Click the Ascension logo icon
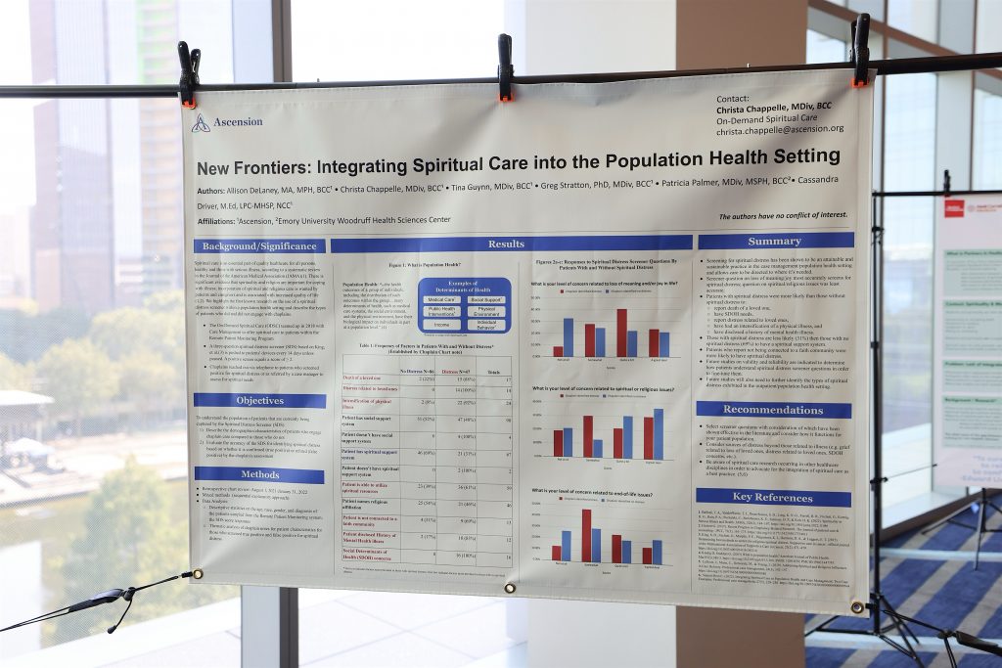point(201,122)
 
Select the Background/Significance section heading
point(258,246)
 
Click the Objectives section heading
point(259,400)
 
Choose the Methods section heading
point(259,474)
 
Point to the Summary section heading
point(775,241)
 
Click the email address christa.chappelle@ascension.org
point(779,129)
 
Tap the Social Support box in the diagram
point(485,299)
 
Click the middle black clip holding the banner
point(505,68)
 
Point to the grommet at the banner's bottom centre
point(510,588)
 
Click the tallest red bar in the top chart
point(621,333)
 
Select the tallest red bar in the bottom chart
point(586,535)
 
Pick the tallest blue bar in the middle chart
point(659,433)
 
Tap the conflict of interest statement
point(783,215)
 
